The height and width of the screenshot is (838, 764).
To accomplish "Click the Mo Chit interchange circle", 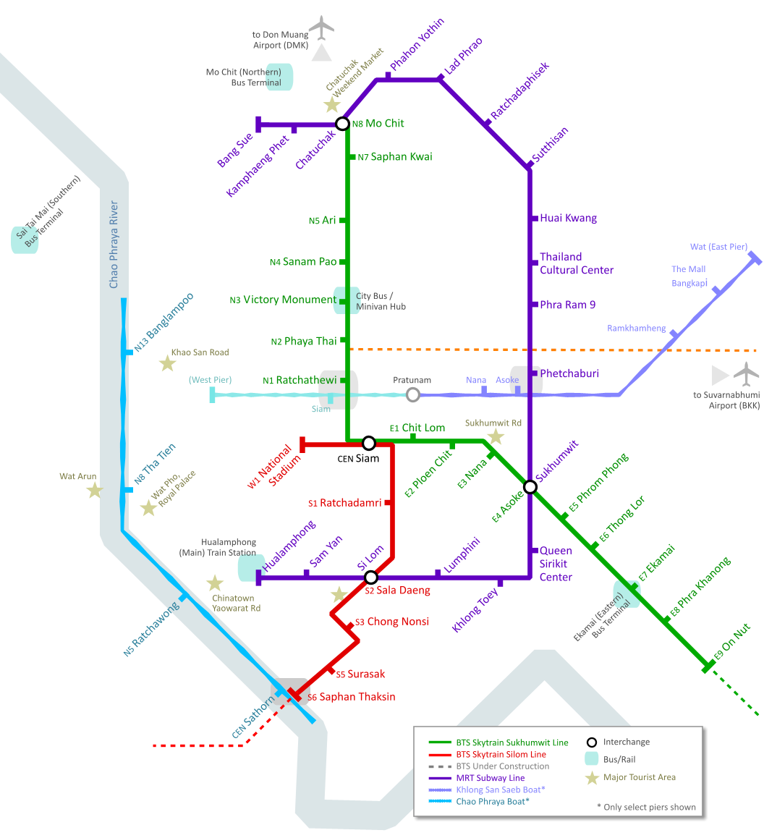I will [x=343, y=124].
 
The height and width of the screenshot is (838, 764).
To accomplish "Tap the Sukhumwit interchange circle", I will [x=530, y=486].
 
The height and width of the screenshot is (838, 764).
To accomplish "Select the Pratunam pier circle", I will [x=413, y=394].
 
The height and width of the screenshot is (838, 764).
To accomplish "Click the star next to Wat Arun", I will [x=94, y=491].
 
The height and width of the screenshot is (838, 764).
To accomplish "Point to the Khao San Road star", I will [x=167, y=363].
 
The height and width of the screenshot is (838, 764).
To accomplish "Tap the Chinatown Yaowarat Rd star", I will [x=215, y=583].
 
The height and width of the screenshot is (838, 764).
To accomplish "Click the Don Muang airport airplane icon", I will [x=321, y=29].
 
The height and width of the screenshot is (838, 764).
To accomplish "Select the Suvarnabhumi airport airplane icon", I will [x=747, y=374].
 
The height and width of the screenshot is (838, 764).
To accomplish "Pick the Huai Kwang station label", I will [x=569, y=218].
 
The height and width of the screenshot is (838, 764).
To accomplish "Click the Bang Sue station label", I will [x=236, y=150].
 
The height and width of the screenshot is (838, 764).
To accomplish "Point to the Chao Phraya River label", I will [x=114, y=245].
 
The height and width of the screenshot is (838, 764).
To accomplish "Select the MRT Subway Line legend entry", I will [x=490, y=778].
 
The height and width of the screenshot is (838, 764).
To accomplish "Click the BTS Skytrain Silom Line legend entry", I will [x=501, y=755].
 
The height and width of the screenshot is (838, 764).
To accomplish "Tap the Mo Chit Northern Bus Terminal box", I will [x=284, y=77].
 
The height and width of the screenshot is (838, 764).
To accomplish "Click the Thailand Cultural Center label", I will [x=577, y=263].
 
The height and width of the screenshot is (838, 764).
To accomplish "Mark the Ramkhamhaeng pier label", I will [x=637, y=329].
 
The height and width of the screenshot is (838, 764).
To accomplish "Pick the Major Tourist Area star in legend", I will [x=593, y=778].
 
